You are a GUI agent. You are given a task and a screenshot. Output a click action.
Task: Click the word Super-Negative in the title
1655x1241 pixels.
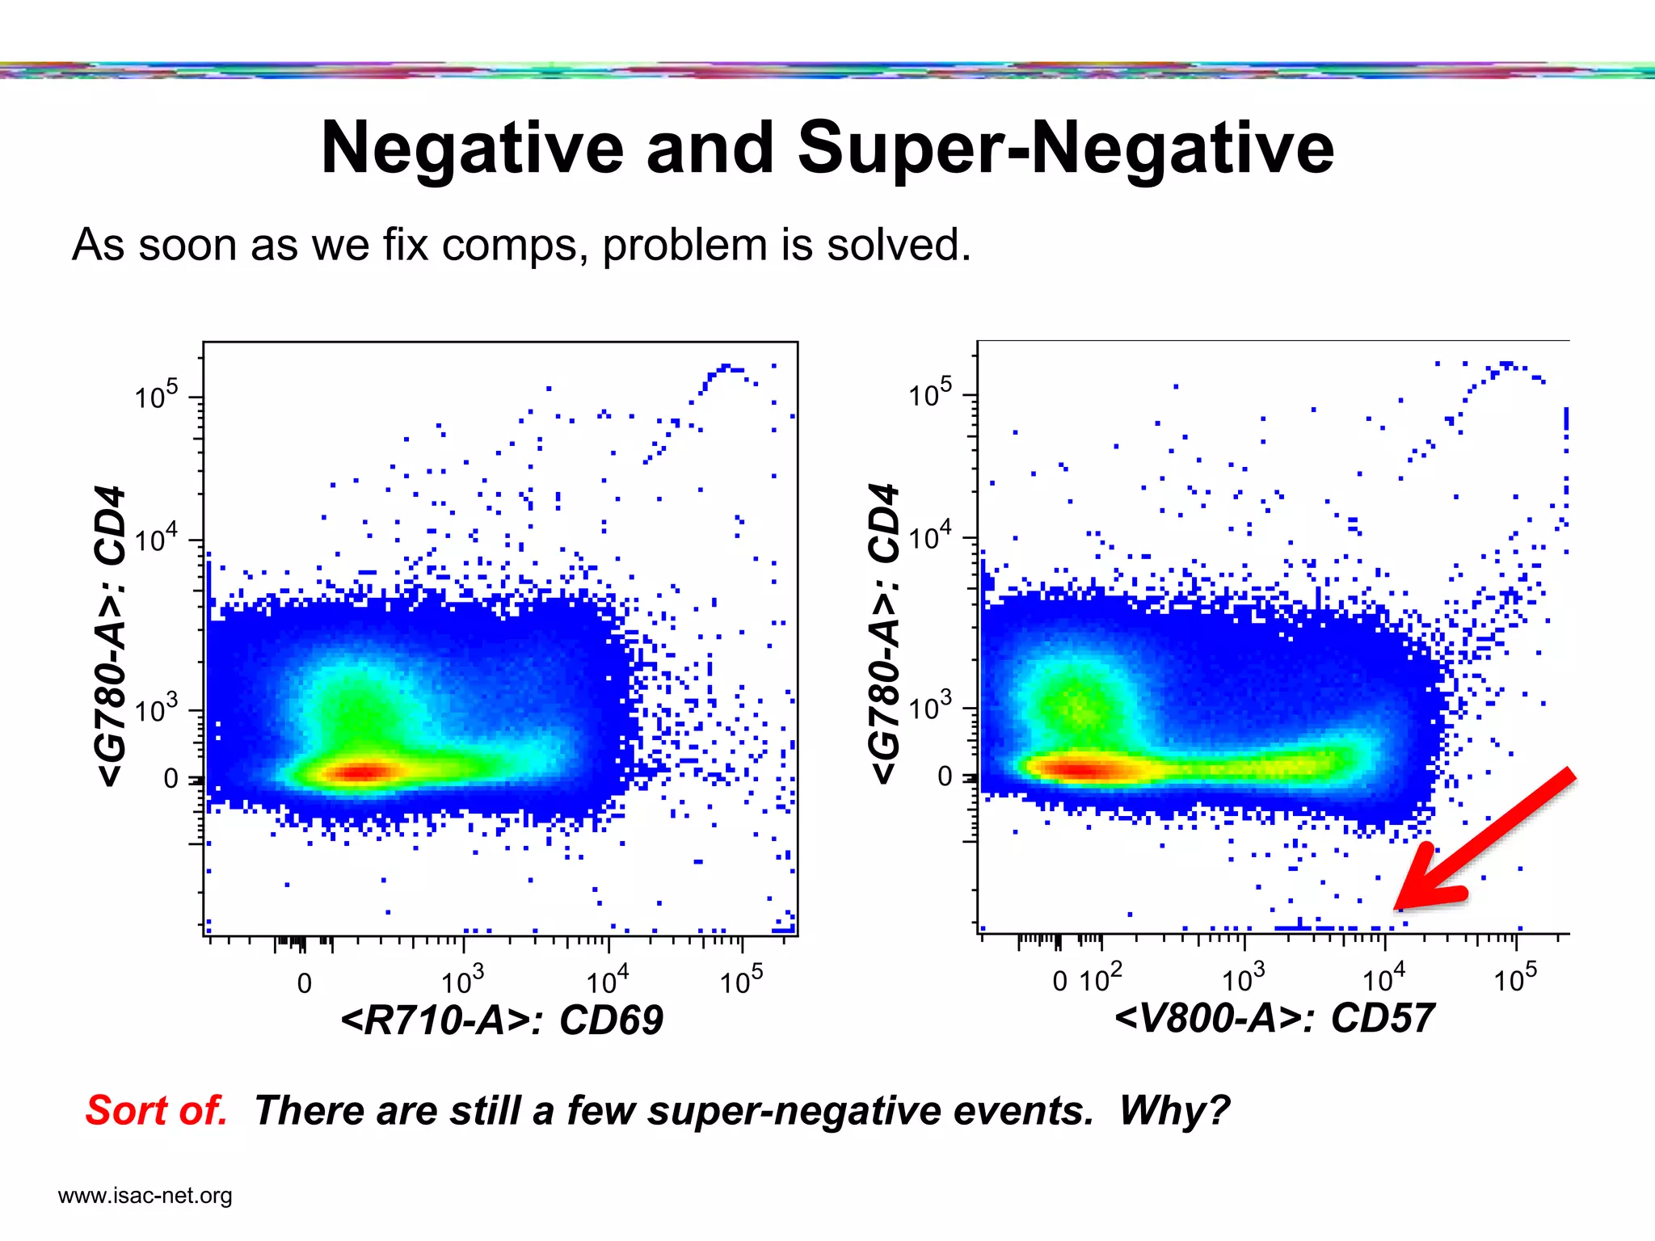[1065, 148]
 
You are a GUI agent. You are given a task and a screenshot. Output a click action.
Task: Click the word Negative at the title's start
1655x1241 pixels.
[472, 148]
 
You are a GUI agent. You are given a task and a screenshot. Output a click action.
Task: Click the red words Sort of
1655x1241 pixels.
[157, 1110]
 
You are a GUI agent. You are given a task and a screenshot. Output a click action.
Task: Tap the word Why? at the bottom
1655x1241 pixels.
[1173, 1110]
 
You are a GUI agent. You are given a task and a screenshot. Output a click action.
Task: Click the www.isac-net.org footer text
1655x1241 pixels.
[145, 1195]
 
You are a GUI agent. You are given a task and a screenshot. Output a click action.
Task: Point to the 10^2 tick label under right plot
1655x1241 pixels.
[1101, 979]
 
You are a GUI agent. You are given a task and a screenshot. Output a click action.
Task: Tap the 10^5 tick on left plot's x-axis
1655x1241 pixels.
[741, 981]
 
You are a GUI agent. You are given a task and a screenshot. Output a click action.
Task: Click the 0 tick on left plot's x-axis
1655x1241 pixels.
[305, 983]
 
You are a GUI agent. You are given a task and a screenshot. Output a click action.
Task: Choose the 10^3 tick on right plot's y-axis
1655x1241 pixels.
[930, 708]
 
